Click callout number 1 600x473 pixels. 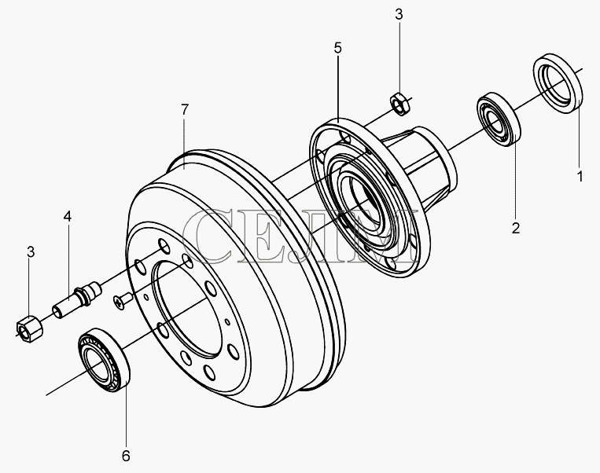coord(580,177)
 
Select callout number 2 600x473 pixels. coord(516,228)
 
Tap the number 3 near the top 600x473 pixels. coord(399,14)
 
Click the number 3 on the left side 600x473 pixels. coord(31,252)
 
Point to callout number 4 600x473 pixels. coord(68,216)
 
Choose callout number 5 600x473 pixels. coord(337,48)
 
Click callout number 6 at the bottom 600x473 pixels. coord(126,456)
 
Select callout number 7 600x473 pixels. coord(185,110)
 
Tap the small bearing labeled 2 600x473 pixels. coord(499,119)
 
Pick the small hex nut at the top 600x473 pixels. coord(400,103)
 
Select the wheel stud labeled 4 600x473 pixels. coord(76,299)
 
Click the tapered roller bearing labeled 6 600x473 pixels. coord(104,360)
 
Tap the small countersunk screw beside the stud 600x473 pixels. coord(123,300)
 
